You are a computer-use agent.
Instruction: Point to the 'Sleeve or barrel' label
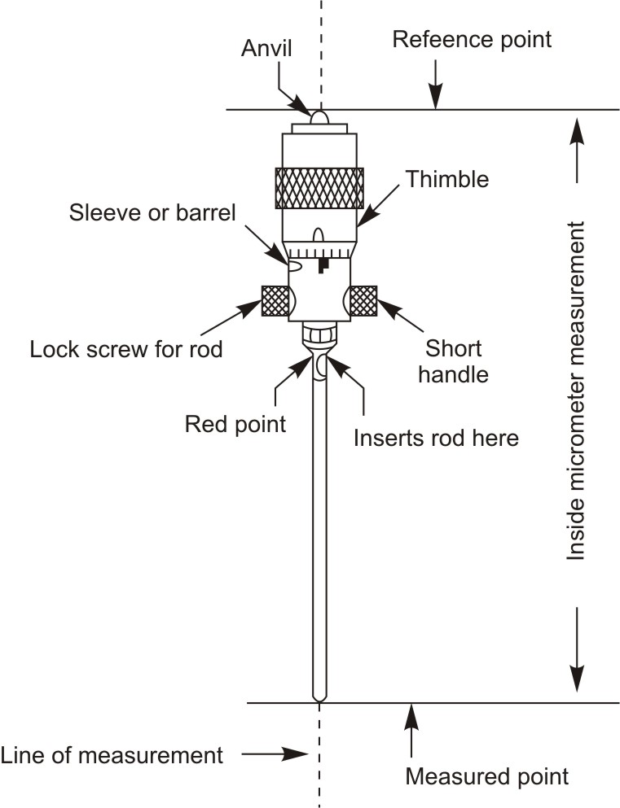[x=152, y=214]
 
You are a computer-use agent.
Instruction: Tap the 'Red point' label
[x=235, y=424]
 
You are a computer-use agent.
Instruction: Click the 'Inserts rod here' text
[x=436, y=438]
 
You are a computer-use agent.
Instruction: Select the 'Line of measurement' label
[x=112, y=754]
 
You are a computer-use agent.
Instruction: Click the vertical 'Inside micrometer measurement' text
[x=577, y=390]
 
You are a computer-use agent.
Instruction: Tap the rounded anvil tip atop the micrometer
[x=319, y=118]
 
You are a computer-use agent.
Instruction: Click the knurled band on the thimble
[x=319, y=187]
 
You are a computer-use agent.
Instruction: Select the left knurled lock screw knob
[x=274, y=300]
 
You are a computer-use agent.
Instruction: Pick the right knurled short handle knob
[x=363, y=301]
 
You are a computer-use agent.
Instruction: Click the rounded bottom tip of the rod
[x=319, y=696]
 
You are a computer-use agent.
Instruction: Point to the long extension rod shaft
[x=319, y=529]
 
